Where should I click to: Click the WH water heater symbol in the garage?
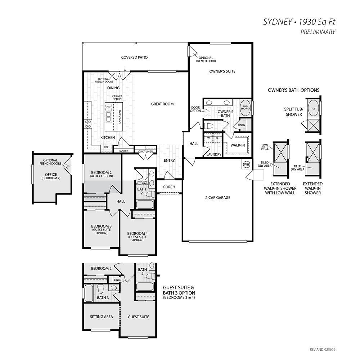(247, 165)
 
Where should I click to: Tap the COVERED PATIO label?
(134, 57)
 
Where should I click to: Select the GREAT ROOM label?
(162, 104)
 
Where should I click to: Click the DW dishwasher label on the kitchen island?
(109, 107)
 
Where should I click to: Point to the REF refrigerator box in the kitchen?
(107, 147)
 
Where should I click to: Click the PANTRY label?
(123, 151)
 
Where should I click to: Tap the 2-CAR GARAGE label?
(218, 197)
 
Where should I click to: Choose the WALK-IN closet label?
(238, 145)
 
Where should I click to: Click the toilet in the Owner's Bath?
(209, 126)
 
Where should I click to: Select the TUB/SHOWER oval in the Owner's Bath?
(246, 107)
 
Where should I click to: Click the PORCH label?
(169, 187)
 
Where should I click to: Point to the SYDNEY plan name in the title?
(277, 22)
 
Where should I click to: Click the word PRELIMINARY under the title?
(318, 32)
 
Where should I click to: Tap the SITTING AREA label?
(101, 316)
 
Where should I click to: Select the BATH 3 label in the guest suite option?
(103, 298)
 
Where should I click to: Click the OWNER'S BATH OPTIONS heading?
(294, 90)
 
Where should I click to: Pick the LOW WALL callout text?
(265, 147)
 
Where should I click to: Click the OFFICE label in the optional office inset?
(51, 175)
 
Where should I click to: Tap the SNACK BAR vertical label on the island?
(120, 117)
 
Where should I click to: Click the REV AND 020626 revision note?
(323, 350)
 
